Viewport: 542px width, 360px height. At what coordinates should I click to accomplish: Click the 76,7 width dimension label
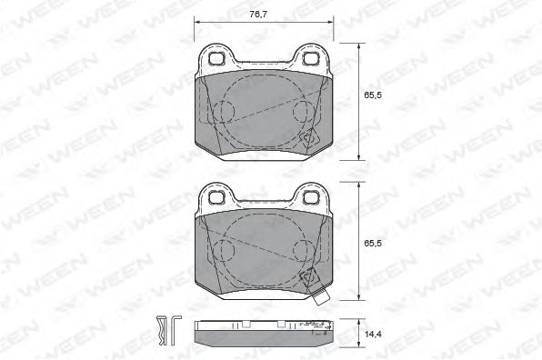tap(258, 15)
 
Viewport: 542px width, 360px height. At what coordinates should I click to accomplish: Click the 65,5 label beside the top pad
tap(373, 95)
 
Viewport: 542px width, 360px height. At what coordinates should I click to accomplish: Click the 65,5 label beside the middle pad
tap(373, 244)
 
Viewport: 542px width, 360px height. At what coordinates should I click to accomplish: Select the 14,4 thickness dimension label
tap(373, 334)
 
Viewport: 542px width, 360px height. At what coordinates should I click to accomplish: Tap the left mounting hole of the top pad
tap(216, 58)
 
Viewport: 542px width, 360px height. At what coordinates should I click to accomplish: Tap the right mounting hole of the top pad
tap(310, 58)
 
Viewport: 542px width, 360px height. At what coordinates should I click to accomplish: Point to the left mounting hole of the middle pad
tap(216, 197)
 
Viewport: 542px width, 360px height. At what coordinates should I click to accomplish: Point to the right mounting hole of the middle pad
tap(310, 197)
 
